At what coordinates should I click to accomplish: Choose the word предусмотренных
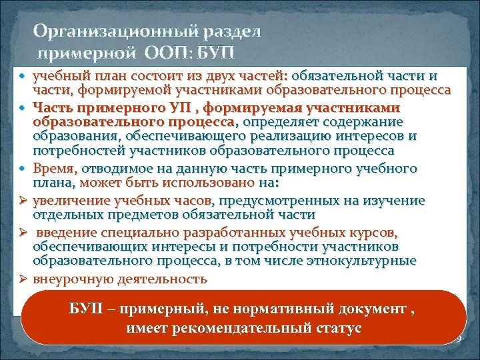point(267,201)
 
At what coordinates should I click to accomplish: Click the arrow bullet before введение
point(23,232)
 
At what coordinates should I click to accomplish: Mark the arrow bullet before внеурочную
point(23,279)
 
